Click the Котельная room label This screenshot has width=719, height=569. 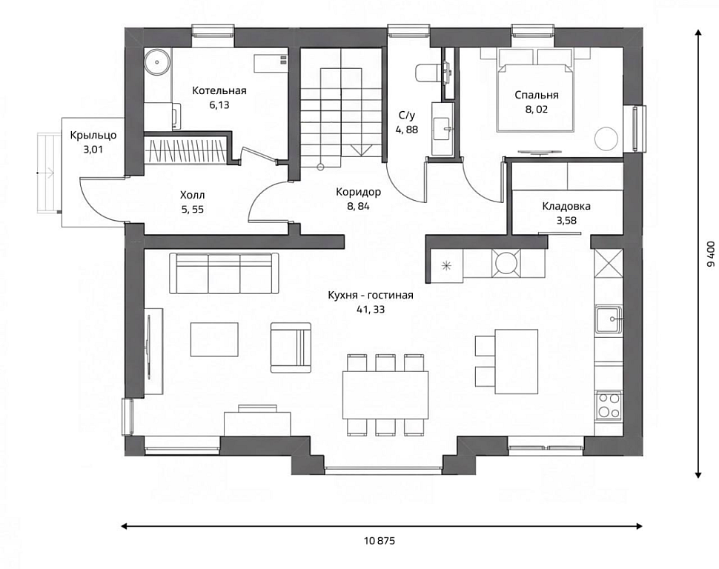coord(219,91)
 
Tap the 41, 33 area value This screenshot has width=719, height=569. coord(371,310)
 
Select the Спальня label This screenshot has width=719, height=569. coord(537,95)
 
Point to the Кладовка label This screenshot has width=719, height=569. coord(566,206)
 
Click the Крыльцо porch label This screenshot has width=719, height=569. coord(93,136)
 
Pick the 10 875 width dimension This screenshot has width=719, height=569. coord(380,541)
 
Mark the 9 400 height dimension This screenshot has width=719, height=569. coord(711,254)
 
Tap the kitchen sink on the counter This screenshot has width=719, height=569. coord(609,319)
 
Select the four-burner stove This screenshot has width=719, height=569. coord(609,405)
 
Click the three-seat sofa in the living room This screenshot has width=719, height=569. coord(225,273)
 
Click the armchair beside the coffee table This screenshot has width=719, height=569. coord(291,347)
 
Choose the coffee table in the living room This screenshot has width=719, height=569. coord(214,339)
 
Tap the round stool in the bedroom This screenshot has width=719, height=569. coord(606,138)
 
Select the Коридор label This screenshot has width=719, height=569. coord(359,192)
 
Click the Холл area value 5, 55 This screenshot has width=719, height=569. coord(193,210)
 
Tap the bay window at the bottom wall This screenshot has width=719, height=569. coord(383,470)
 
